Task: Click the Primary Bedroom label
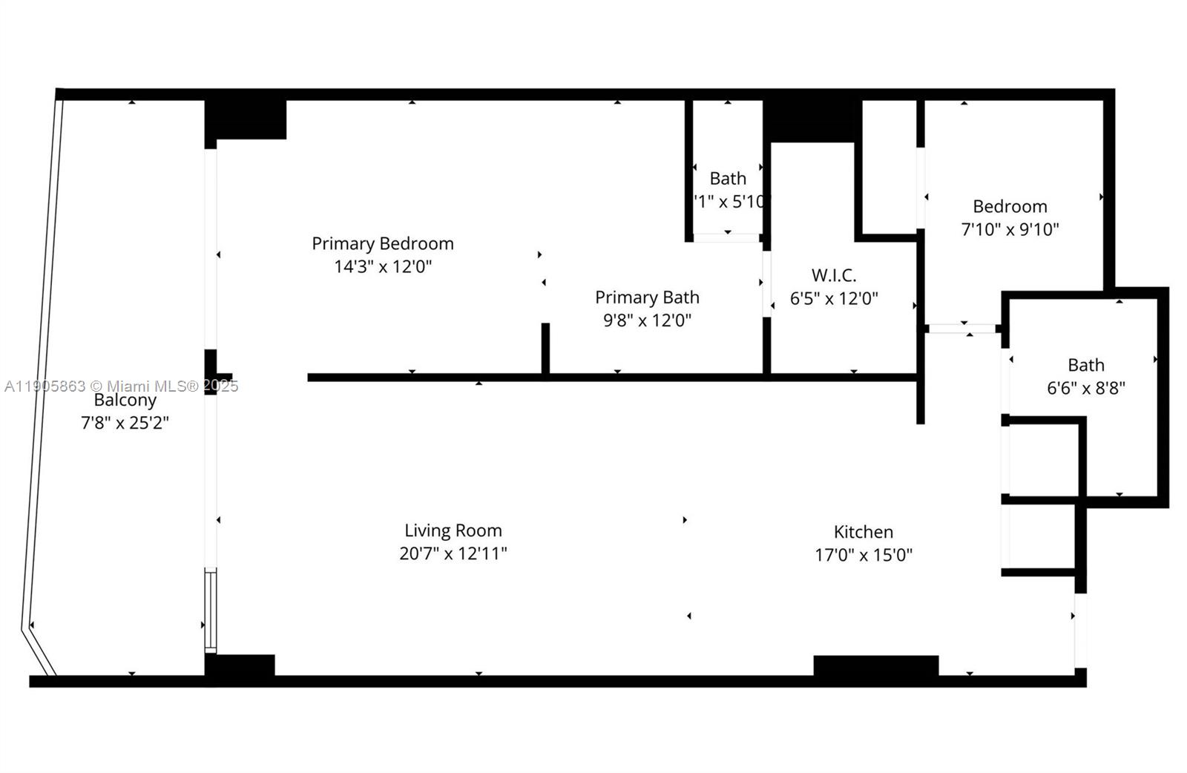pos(382,243)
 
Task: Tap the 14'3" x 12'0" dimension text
pos(383,266)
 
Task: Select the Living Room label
pos(453,530)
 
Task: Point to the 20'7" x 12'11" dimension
pos(453,553)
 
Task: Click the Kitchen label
pos(863,532)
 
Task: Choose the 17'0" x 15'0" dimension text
pos(863,555)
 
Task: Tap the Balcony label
pos(125,401)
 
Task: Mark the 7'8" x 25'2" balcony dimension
pos(125,424)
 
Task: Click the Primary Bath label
pos(647,297)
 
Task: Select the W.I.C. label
pos(834,275)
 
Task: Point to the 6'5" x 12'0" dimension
pos(834,299)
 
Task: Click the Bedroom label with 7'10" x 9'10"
pos(1010,206)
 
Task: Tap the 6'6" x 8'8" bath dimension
pos(1085,388)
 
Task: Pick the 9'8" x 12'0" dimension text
pos(647,320)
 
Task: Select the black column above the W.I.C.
pos(812,120)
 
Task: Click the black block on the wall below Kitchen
pos(875,665)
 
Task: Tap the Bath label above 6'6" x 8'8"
pos(1085,365)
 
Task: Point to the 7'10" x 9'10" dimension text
pos(1010,230)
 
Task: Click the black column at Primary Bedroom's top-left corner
pos(245,119)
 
